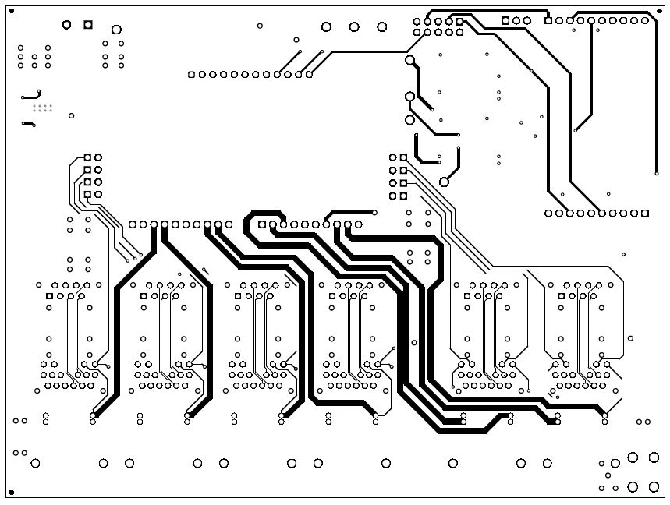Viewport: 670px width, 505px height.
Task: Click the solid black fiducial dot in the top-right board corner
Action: click(659, 10)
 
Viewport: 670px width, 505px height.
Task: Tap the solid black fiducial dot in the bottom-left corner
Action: click(12, 493)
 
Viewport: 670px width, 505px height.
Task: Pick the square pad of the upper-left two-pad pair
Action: click(87, 25)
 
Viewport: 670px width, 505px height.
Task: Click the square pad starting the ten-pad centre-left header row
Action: click(133, 224)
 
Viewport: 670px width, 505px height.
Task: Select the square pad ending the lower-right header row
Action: click(645, 213)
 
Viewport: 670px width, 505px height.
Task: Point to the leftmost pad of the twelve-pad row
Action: click(191, 75)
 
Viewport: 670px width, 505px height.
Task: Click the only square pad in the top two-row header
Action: click(459, 21)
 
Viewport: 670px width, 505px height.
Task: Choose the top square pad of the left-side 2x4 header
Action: click(88, 157)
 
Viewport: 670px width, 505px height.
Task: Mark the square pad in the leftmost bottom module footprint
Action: click(50, 296)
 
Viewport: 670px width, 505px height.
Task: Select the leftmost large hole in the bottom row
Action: click(35, 464)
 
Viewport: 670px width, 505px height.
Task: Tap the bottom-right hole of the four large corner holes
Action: click(654, 487)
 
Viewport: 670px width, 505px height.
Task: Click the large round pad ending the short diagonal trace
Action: click(445, 182)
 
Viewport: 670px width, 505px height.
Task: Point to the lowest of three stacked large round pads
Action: click(409, 120)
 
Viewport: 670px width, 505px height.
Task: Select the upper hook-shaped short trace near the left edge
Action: click(30, 97)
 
